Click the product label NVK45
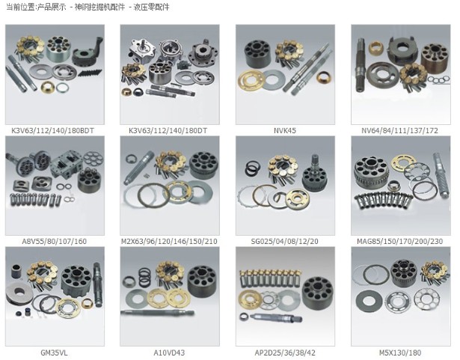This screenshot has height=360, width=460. (x=284, y=131)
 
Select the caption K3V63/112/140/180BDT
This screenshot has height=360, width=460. (x=53, y=131)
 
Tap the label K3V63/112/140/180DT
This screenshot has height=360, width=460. (x=168, y=131)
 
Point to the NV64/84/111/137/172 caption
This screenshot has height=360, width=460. (x=399, y=131)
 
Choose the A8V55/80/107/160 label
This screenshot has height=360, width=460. (x=55, y=241)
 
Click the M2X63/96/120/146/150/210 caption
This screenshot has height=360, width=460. (x=169, y=241)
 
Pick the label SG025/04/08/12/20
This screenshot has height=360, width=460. (x=284, y=241)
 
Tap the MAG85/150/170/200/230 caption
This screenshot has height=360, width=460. (x=400, y=241)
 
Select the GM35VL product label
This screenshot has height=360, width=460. (x=54, y=353)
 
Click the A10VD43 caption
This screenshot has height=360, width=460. (x=169, y=353)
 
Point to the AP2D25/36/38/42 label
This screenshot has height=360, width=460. (x=285, y=353)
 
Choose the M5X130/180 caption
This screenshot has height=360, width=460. (x=400, y=353)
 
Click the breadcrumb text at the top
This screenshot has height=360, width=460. (x=88, y=7)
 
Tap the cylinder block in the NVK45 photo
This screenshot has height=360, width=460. (x=257, y=55)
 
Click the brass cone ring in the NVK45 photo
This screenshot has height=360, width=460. (x=324, y=77)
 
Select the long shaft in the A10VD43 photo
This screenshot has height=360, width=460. (x=157, y=313)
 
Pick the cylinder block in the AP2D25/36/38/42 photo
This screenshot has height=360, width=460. (x=317, y=293)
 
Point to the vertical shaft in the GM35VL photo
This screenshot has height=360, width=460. (x=98, y=284)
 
